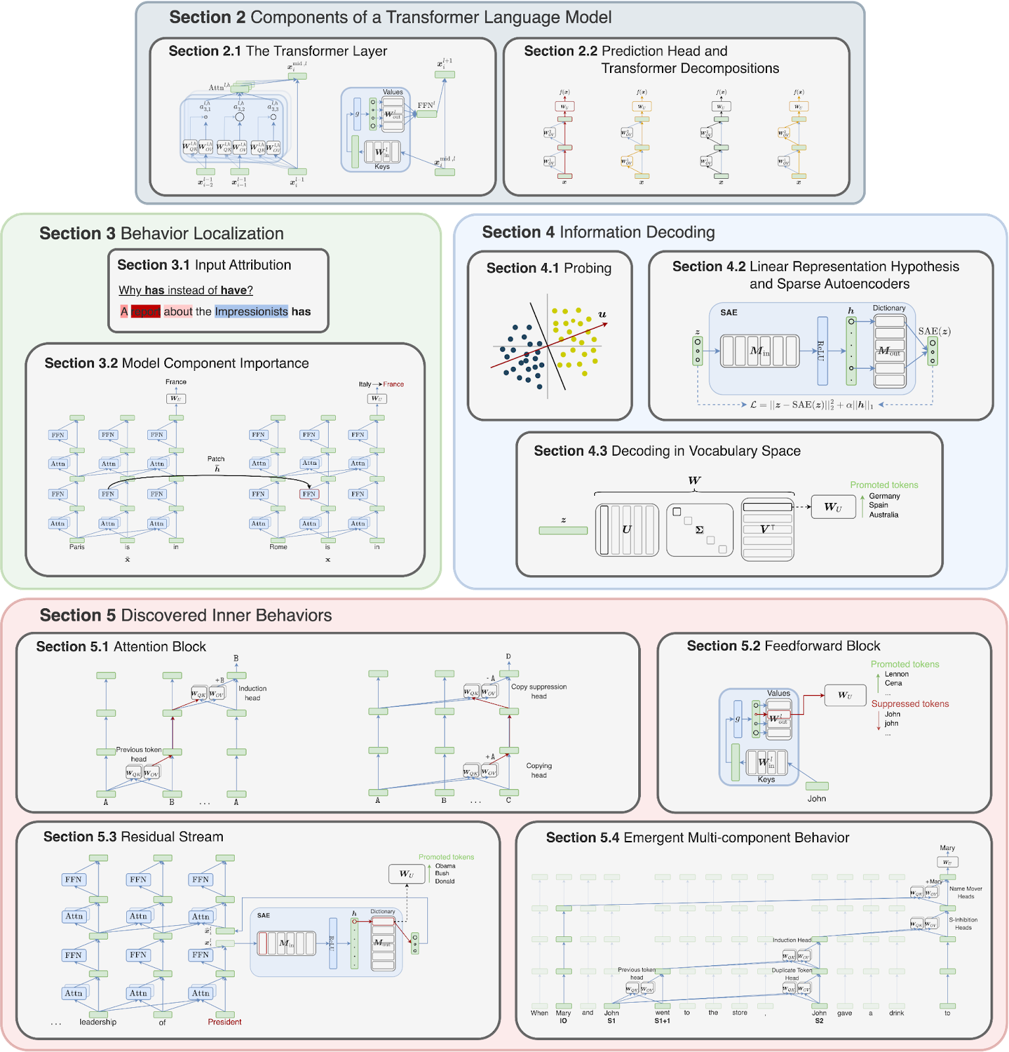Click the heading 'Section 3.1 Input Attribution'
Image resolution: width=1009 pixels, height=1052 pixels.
[204, 265]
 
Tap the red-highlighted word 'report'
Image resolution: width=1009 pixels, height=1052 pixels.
[145, 312]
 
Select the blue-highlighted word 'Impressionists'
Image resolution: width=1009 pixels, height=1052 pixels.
[251, 312]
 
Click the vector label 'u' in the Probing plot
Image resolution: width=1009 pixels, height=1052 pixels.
[602, 314]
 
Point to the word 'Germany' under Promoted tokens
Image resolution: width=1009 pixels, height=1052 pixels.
[884, 496]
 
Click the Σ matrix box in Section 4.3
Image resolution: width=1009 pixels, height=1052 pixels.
[699, 530]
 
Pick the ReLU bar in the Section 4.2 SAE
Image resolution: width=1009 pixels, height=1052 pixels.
[822, 350]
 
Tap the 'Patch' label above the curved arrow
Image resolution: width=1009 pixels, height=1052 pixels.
[216, 459]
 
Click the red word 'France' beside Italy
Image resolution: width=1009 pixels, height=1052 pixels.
[393, 384]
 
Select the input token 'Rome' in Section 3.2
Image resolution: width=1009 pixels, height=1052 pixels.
[278, 547]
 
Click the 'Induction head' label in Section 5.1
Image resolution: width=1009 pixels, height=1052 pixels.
[252, 693]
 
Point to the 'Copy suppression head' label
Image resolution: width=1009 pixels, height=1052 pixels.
[539, 691]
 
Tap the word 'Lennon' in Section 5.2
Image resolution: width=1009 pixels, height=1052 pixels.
[897, 674]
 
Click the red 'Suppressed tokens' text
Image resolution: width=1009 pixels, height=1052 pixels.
[910, 704]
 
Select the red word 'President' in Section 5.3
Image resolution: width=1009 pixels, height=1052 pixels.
[225, 1022]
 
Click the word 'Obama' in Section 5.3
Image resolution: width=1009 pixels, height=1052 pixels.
[445, 866]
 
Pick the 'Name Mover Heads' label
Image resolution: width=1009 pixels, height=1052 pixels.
[966, 892]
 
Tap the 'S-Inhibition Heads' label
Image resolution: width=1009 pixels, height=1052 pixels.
[963, 924]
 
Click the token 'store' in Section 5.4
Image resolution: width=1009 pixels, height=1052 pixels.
[739, 1013]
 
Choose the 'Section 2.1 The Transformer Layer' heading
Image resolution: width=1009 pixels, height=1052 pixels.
[277, 51]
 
